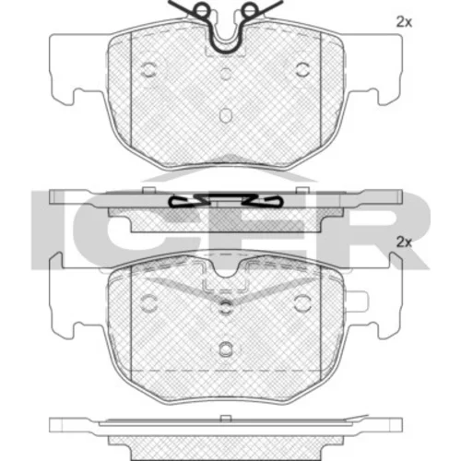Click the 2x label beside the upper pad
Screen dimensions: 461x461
(404, 22)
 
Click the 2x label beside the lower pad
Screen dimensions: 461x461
(404, 242)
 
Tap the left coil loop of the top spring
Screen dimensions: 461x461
(201, 9)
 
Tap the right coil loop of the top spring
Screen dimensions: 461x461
(249, 9)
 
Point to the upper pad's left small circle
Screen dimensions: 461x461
(148, 70)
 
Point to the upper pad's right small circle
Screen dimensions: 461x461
(302, 70)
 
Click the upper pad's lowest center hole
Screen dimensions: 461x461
(226, 115)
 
